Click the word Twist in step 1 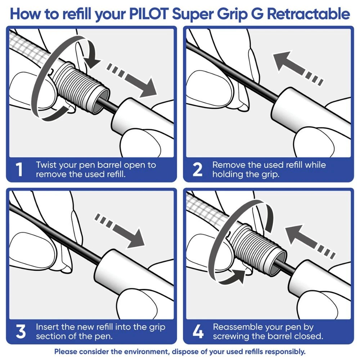pos(46,165)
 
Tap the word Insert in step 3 pos(46,327)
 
